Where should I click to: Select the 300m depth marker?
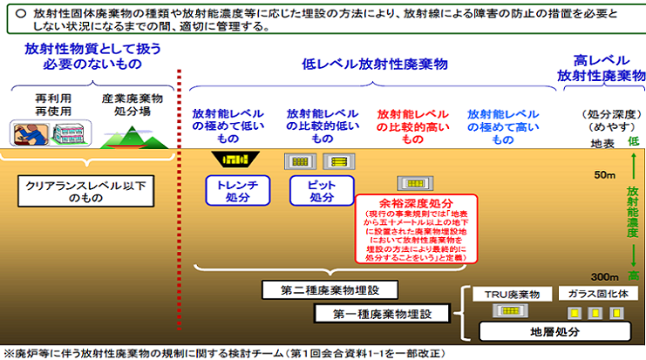coord(602,275)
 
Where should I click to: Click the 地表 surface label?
coord(602,142)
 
